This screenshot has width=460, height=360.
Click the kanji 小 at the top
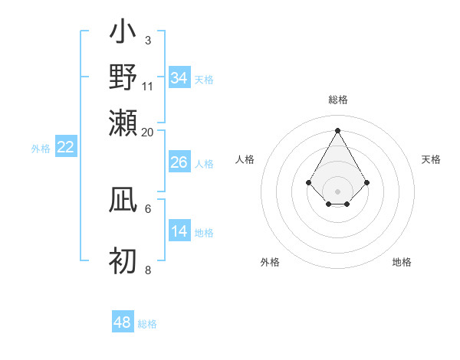(123, 35)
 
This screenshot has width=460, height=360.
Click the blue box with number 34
(179, 78)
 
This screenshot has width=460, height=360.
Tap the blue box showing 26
(179, 162)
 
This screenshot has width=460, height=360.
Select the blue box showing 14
(179, 231)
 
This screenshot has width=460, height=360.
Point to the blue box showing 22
(65, 147)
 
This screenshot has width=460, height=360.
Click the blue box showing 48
(123, 322)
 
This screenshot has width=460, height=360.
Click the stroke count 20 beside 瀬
(148, 133)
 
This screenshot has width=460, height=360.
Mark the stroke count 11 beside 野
(148, 86)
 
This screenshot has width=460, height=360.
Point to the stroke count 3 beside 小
(147, 39)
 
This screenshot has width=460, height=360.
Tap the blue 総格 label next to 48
(148, 324)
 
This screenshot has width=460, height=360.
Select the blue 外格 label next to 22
(40, 149)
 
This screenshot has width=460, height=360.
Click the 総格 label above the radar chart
(337, 100)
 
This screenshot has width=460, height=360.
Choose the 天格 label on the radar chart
(431, 159)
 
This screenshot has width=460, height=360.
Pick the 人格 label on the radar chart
(245, 159)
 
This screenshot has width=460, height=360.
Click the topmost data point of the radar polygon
(337, 130)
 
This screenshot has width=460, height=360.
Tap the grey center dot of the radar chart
(337, 191)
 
